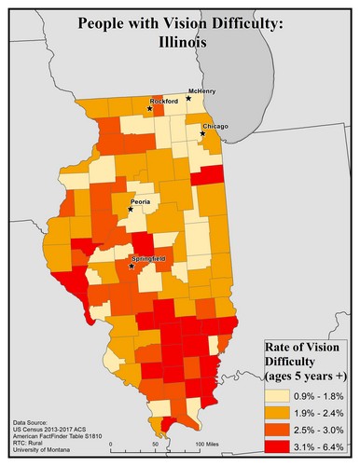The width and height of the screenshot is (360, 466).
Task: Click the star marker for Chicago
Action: [x=202, y=134]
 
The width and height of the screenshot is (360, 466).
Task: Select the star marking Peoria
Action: [x=130, y=210]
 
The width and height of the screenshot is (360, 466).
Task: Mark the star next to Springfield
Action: [x=131, y=267]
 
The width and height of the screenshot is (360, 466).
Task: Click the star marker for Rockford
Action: [x=148, y=110]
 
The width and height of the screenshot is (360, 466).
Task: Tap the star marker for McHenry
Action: [x=187, y=98]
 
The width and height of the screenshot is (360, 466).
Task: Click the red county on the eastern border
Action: [x=211, y=176]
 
